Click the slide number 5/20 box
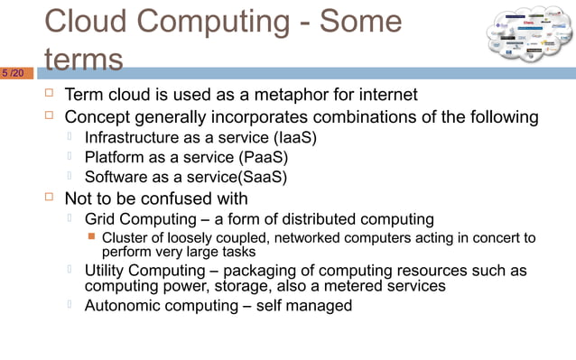click(x=16, y=72)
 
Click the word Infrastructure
click(x=133, y=137)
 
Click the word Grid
click(x=101, y=219)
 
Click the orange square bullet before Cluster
click(x=90, y=237)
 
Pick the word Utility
click(x=106, y=271)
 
